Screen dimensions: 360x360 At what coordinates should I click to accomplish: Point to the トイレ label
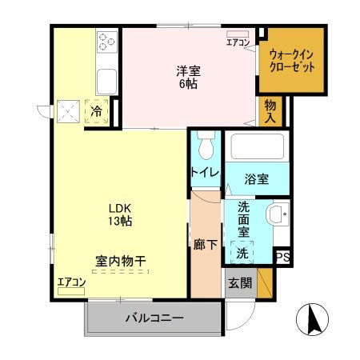(206, 173)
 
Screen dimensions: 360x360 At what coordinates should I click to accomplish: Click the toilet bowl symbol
(206, 147)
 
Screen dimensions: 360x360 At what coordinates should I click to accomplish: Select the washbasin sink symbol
(277, 214)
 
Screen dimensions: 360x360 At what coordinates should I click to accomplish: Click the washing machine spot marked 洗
(241, 254)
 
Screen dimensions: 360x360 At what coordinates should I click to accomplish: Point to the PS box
(282, 257)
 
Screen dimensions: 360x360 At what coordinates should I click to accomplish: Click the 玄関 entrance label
(238, 282)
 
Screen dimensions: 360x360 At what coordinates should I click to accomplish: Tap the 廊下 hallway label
(205, 245)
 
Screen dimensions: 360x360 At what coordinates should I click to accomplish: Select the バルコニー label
(154, 318)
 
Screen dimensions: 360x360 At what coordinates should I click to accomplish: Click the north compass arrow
(313, 322)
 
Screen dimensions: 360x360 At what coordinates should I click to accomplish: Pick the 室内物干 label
(120, 261)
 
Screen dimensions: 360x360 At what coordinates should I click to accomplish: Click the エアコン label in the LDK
(70, 282)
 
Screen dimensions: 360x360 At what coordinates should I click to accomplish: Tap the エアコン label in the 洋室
(238, 42)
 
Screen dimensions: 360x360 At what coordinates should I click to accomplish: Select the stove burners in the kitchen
(107, 40)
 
